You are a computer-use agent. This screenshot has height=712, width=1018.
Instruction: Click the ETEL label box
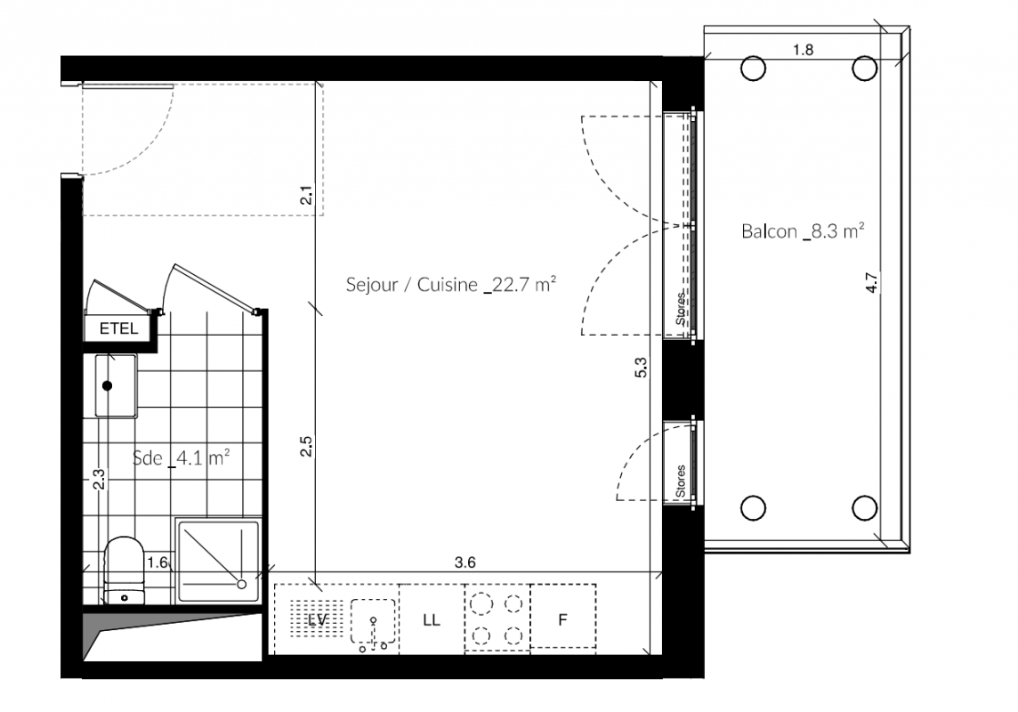(x=119, y=328)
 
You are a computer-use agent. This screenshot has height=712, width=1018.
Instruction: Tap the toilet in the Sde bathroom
(x=124, y=570)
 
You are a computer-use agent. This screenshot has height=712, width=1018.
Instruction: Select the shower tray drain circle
(x=242, y=584)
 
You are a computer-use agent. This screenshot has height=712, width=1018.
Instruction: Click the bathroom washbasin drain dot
(x=107, y=385)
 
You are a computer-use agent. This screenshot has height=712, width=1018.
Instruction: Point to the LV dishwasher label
(x=317, y=619)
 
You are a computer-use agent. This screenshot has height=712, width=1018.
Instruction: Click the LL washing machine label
(x=431, y=619)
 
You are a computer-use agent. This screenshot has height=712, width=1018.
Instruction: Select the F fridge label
(x=562, y=619)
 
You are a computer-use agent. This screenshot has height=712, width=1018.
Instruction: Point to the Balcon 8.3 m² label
(x=803, y=231)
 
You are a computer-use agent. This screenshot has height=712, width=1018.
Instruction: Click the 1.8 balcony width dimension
(x=804, y=49)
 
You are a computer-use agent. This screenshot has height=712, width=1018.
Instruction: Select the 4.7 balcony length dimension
(x=872, y=282)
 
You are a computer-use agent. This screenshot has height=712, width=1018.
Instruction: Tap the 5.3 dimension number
(x=641, y=368)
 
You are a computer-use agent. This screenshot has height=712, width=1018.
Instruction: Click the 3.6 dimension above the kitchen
(x=465, y=562)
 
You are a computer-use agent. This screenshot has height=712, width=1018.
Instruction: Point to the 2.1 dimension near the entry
(x=306, y=195)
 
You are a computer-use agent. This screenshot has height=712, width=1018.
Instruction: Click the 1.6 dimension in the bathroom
(x=158, y=562)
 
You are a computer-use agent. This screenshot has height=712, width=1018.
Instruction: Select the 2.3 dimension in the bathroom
(x=98, y=479)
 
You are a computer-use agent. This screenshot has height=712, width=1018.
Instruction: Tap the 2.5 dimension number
(x=306, y=446)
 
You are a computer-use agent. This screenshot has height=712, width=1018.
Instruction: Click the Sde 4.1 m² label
(x=182, y=457)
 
